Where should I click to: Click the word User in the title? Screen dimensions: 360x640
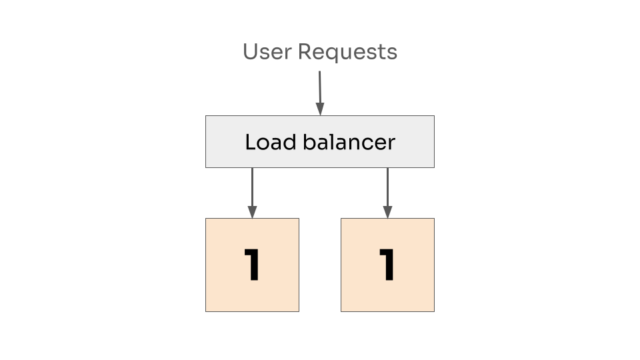[267, 52]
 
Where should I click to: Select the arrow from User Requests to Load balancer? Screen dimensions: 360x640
[319, 90]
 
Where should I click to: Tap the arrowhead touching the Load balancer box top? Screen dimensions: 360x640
[320, 110]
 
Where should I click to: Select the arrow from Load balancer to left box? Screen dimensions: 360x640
[252, 190]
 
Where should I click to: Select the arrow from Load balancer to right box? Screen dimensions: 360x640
[387, 190]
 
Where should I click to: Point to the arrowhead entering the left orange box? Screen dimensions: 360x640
[252, 213]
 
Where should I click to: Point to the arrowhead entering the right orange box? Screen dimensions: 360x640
[387, 213]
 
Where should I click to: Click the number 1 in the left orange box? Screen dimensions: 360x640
[251, 265]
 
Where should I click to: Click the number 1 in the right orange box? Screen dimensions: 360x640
[387, 265]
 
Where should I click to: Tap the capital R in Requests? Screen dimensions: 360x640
[305, 52]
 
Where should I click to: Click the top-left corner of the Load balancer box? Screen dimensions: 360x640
[205, 116]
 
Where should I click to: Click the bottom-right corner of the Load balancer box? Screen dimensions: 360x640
[434, 167]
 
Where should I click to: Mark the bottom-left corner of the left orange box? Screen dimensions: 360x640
[205, 311]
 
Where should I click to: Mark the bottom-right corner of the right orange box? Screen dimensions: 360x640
[434, 311]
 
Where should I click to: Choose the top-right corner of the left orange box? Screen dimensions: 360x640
[299, 218]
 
